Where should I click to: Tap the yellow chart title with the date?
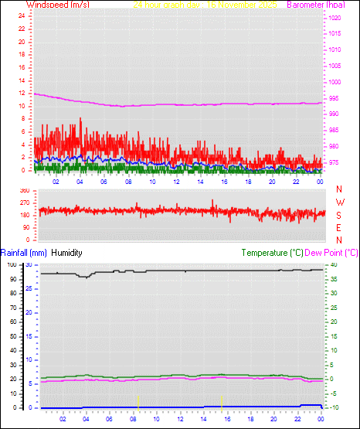205,5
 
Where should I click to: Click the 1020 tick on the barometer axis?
332,17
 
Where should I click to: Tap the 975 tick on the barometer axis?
332,162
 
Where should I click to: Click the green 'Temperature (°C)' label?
272,252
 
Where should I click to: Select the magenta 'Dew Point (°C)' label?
331,252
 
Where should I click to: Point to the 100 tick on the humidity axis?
11,264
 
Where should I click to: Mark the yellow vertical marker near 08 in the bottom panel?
138,400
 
